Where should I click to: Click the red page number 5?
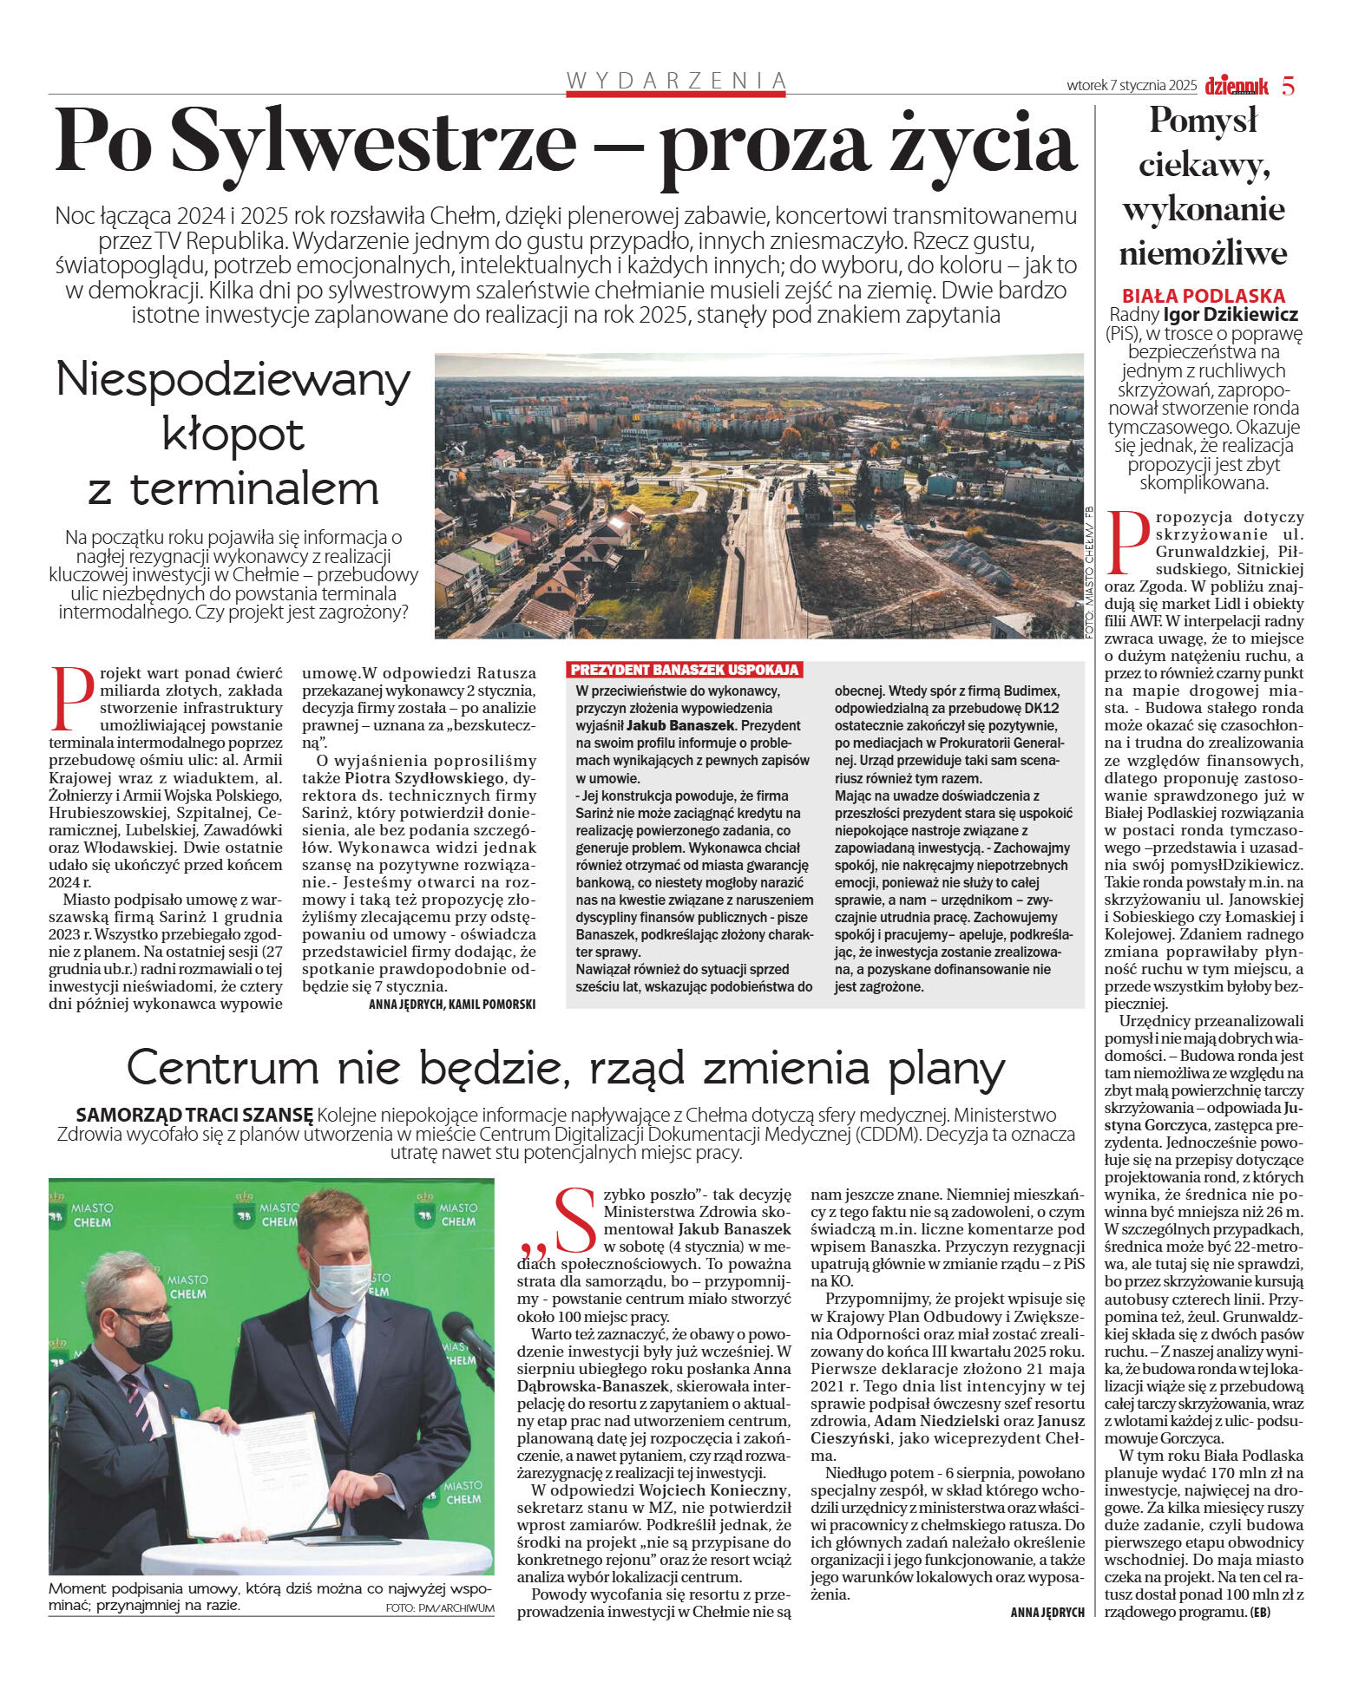click(x=1288, y=86)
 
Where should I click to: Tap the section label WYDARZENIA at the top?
click(x=676, y=81)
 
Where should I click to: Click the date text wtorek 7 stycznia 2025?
click(x=1131, y=86)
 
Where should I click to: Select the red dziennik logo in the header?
click(x=1236, y=86)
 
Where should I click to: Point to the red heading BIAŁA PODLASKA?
click(x=1204, y=295)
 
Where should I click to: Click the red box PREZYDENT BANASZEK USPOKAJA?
click(x=684, y=670)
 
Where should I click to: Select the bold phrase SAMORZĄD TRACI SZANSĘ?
click(x=194, y=1115)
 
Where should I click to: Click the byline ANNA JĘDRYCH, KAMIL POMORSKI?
click(x=451, y=1004)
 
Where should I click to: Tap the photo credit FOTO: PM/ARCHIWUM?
click(x=439, y=1607)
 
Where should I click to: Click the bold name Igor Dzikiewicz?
click(x=1231, y=314)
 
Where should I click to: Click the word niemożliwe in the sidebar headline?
click(x=1203, y=254)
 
